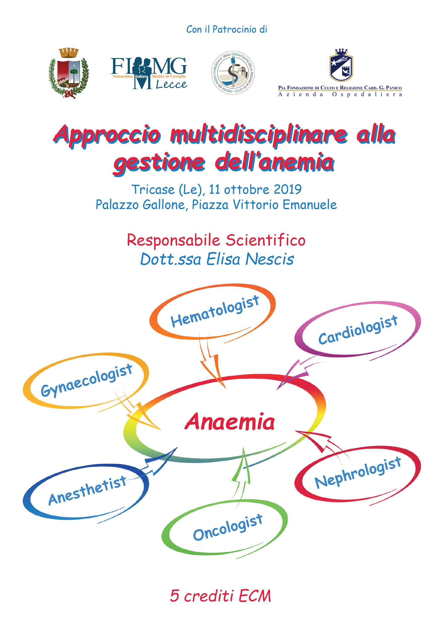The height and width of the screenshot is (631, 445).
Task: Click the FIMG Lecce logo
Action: point(149,73)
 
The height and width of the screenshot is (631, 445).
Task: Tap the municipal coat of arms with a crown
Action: point(69,73)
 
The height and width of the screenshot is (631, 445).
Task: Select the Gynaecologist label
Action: point(87,380)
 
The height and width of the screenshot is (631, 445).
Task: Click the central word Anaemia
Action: point(230,422)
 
